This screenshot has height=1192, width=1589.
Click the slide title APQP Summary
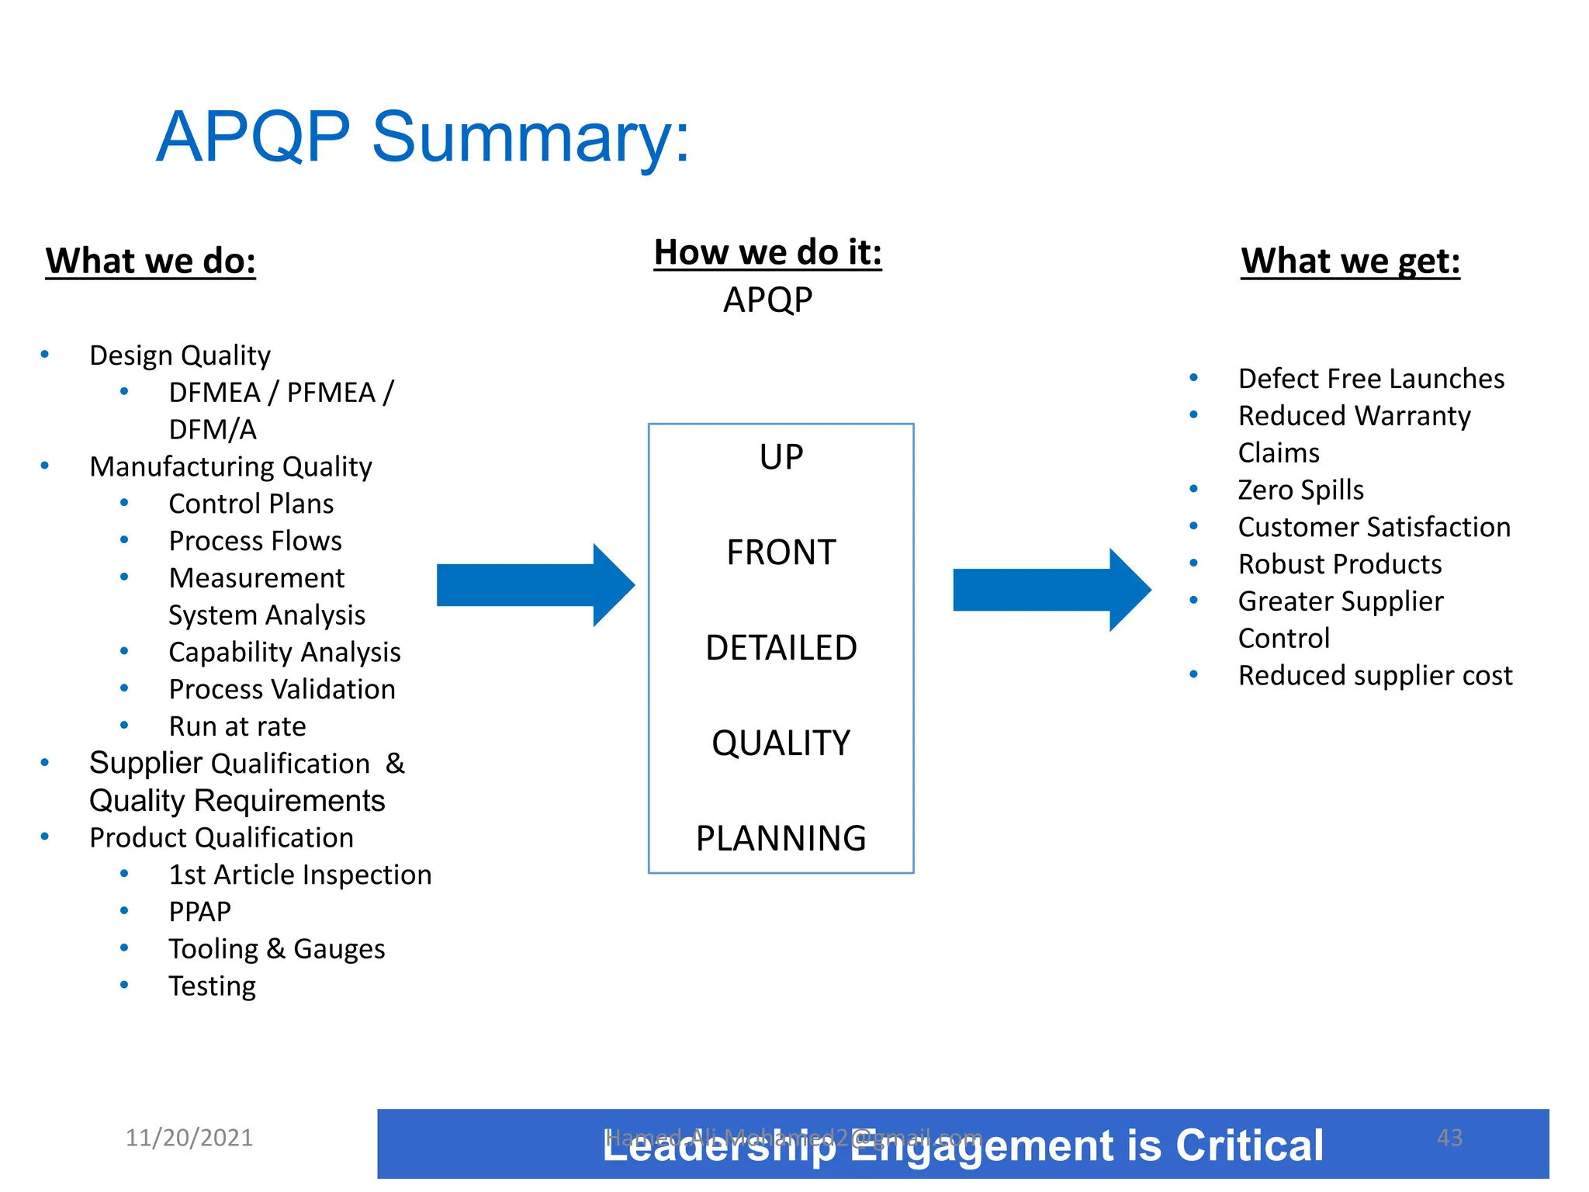(x=422, y=137)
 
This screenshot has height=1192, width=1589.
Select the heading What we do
(x=151, y=261)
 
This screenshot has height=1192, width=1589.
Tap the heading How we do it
(x=767, y=252)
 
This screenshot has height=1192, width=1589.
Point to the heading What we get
(x=1350, y=261)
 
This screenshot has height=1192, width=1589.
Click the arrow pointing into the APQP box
(x=535, y=585)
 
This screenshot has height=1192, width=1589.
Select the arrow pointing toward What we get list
(x=1051, y=590)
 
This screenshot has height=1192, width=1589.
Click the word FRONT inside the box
(x=781, y=553)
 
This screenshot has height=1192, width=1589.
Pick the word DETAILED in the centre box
(x=781, y=648)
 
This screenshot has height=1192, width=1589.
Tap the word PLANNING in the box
(x=781, y=839)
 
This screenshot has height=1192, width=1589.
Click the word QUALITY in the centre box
(x=781, y=743)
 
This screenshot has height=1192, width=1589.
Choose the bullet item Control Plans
(x=251, y=504)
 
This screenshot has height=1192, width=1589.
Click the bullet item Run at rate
(x=237, y=727)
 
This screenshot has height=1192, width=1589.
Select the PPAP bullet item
(x=200, y=912)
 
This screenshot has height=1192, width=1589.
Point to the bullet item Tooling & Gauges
(x=277, y=949)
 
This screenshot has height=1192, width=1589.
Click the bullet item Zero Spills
(x=1300, y=490)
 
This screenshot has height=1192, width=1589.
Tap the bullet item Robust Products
(x=1340, y=564)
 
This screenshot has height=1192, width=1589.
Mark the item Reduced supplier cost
(x=1375, y=676)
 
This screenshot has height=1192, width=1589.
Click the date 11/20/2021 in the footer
(x=189, y=1138)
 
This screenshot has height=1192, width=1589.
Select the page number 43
(x=1449, y=1138)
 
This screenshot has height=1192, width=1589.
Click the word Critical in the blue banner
(x=1249, y=1146)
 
